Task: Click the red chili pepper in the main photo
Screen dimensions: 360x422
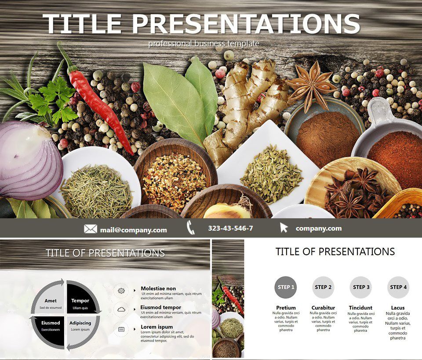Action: pos(99,106)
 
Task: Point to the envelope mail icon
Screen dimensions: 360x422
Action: pos(91,229)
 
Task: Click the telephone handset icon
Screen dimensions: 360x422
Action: pos(190,228)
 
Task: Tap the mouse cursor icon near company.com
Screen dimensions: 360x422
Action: pos(284,228)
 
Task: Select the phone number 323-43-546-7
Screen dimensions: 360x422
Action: pos(230,228)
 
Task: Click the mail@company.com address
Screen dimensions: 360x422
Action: pos(133,230)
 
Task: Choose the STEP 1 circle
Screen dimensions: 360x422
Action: pos(284,287)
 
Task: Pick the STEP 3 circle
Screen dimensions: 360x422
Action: pos(361,287)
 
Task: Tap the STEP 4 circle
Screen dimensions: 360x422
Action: pos(398,287)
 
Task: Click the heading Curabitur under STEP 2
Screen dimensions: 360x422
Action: pos(323,308)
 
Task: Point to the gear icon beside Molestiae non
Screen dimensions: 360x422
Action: pos(121,290)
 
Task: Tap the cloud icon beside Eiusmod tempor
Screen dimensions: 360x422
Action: pos(121,309)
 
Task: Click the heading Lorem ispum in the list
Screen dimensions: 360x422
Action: pos(156,327)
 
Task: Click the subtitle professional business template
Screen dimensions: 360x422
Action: pos(204,44)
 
